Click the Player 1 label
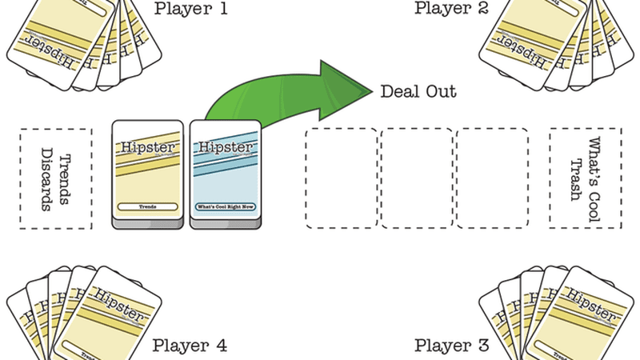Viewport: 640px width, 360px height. tap(190, 9)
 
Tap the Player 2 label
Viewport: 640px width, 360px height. tap(451, 9)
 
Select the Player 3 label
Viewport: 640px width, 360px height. tap(451, 346)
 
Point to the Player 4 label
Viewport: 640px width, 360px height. tap(190, 346)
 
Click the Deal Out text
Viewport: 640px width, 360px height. tap(418, 91)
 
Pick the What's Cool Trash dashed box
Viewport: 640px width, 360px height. tap(586, 179)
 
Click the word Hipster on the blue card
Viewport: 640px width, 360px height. tap(225, 149)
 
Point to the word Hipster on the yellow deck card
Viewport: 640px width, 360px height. tap(149, 149)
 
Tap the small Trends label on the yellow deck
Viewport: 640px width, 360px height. tap(149, 206)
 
